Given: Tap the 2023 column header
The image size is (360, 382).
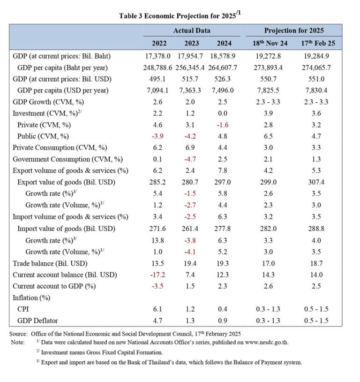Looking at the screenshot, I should point(192,44).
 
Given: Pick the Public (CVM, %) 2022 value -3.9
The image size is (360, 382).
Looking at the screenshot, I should point(159,137).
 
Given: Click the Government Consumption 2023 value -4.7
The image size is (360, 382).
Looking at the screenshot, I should point(192,160).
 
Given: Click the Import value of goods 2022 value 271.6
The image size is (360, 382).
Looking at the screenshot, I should point(159,228).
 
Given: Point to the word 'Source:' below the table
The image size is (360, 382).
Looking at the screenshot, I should point(19,334).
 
